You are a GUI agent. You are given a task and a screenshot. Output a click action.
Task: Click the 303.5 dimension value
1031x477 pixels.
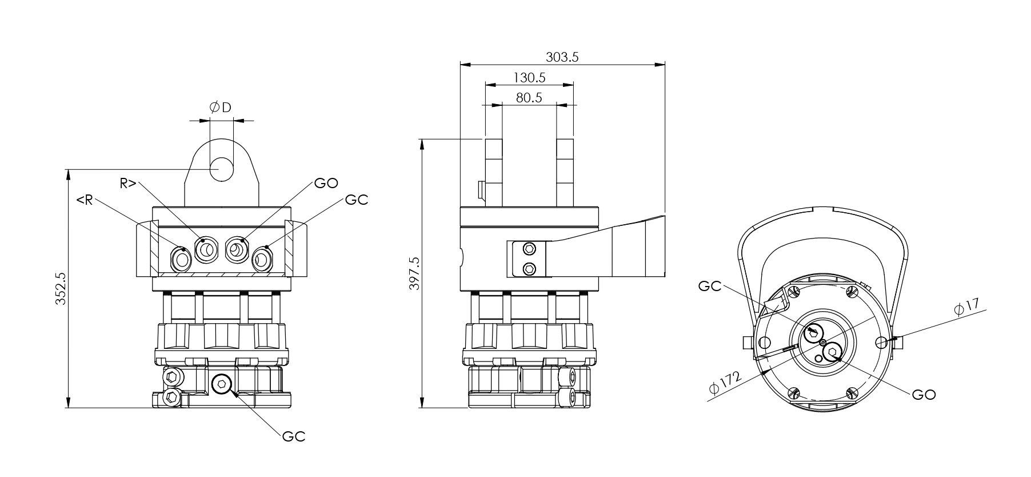click(562, 57)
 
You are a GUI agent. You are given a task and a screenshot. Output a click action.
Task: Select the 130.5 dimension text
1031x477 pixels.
click(529, 77)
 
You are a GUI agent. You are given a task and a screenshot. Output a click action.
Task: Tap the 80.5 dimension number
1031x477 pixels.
click(529, 97)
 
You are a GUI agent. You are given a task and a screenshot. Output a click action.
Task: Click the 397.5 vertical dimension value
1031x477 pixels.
click(415, 273)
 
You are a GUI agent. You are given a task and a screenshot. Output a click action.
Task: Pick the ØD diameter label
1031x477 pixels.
click(221, 107)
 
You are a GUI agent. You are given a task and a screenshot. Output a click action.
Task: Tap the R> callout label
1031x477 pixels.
click(128, 183)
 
